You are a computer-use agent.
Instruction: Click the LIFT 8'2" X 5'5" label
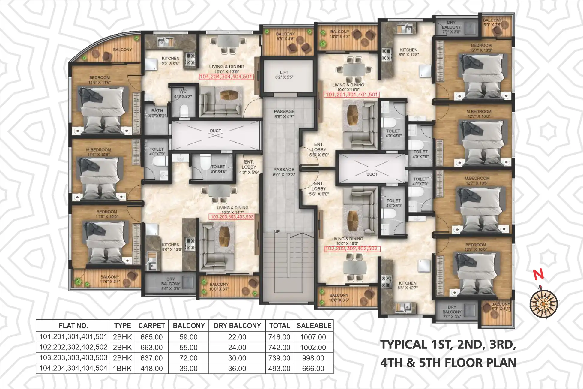click(284, 75)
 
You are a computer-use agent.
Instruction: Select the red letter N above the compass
click(539, 274)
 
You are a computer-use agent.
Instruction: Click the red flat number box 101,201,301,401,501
click(351, 95)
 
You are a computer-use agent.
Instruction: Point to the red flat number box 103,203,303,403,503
click(232, 217)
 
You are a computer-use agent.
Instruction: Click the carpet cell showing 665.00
click(151, 337)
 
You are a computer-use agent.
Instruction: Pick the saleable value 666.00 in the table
click(313, 369)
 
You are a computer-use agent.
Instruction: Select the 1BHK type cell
click(122, 369)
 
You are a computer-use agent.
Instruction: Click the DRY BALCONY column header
click(237, 326)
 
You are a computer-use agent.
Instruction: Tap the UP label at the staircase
click(277, 231)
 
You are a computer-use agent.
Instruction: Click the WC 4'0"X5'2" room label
click(183, 94)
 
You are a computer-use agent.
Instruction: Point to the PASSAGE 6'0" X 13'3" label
click(284, 172)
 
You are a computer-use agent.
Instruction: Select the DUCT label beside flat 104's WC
click(215, 131)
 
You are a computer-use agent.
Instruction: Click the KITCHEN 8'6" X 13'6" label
click(171, 247)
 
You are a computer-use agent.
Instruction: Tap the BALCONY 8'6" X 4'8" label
click(285, 36)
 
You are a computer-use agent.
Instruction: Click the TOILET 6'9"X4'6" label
click(218, 169)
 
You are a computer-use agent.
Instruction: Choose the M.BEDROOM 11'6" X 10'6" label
click(98, 152)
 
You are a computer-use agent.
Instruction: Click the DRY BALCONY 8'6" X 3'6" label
click(170, 284)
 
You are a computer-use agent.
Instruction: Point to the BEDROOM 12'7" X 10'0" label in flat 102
click(476, 247)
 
